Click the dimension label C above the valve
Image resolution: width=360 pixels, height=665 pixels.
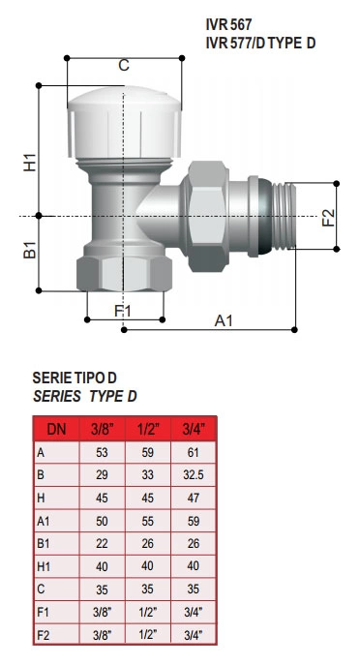click(x=124, y=66)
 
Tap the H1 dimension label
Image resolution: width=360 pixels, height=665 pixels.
click(x=30, y=162)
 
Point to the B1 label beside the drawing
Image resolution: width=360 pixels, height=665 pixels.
click(x=30, y=250)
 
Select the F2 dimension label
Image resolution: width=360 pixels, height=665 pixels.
click(x=329, y=218)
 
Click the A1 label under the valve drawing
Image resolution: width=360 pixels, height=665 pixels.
click(x=224, y=320)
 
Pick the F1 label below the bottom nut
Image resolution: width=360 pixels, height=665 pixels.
click(x=123, y=311)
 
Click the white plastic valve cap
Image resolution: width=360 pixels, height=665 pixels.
click(x=124, y=123)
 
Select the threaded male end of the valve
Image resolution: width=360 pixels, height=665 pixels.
click(x=284, y=216)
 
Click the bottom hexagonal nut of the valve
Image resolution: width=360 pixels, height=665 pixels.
click(x=124, y=274)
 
